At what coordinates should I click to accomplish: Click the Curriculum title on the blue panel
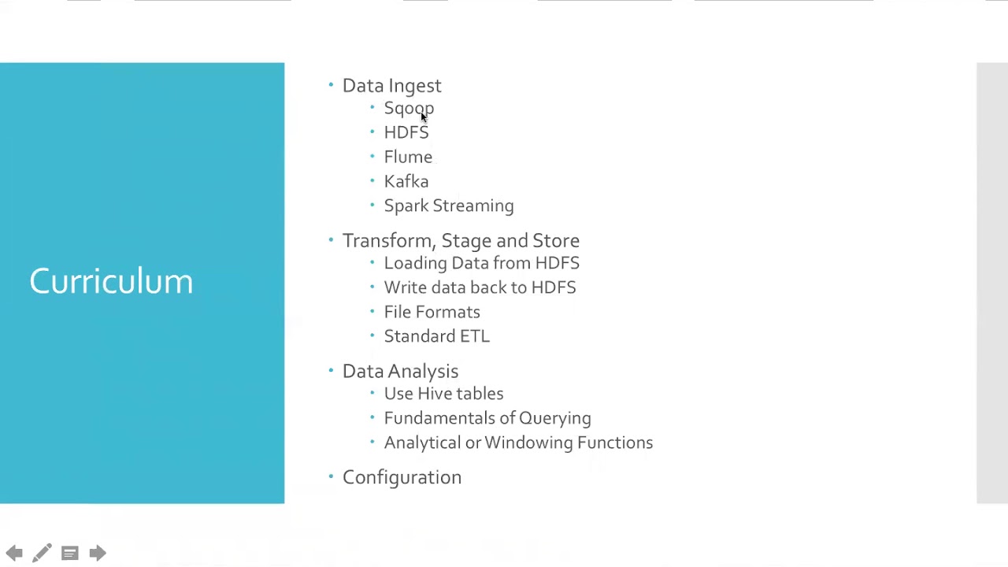[x=111, y=281]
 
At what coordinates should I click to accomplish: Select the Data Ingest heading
[x=392, y=86]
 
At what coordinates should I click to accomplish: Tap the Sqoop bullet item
[x=409, y=109]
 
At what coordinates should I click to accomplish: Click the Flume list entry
[x=408, y=157]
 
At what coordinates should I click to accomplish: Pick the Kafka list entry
[x=406, y=181]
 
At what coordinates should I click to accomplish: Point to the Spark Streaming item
[x=449, y=206]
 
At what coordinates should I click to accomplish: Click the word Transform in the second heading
[x=389, y=241]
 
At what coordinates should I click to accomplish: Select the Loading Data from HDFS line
[x=482, y=263]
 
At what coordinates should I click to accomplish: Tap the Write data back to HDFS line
[x=480, y=287]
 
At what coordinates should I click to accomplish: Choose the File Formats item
[x=432, y=312]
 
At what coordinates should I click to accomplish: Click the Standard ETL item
[x=437, y=336]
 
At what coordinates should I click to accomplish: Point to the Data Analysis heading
[x=401, y=372]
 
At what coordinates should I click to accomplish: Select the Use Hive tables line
[x=443, y=394]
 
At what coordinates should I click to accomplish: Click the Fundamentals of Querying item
[x=487, y=418]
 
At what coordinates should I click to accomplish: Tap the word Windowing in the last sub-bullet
[x=529, y=443]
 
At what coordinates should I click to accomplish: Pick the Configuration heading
[x=402, y=478]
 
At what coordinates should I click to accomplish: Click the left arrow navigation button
[x=14, y=553]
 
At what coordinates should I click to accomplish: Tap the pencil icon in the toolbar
[x=42, y=553]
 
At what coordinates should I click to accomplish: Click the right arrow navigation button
[x=98, y=553]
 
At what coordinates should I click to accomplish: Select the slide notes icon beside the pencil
[x=70, y=554]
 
